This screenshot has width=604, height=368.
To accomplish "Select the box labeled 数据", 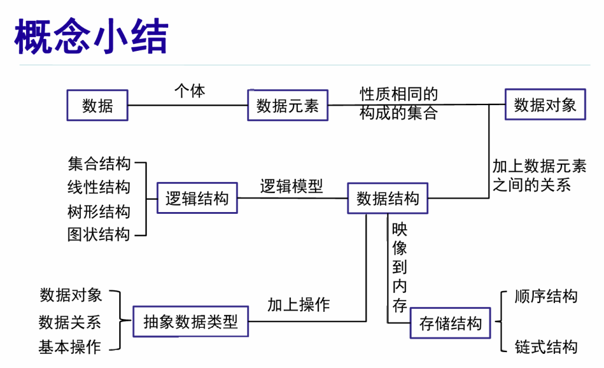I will [97, 106].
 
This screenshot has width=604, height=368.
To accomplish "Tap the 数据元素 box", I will [287, 106].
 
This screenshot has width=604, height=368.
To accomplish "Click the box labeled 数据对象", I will [545, 105].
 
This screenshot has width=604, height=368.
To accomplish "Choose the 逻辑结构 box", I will [197, 198].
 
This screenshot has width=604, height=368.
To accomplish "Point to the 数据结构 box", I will [388, 198].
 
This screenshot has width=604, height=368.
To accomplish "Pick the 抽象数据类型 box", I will [191, 322].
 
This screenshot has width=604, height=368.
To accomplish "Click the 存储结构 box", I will [450, 323].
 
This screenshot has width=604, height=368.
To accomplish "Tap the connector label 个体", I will [189, 92].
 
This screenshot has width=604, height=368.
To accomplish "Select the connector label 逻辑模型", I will [291, 186].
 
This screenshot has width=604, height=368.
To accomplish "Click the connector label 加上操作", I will [298, 305].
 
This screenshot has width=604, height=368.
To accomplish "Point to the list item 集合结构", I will [99, 163].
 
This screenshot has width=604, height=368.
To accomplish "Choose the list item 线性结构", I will [99, 187].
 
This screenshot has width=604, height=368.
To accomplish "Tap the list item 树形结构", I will [99, 211].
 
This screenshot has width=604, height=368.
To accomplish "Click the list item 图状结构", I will [99, 235].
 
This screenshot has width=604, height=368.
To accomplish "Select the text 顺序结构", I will [546, 296].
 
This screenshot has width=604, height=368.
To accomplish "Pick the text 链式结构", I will [546, 347].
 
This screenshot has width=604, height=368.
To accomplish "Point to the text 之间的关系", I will [531, 185].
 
